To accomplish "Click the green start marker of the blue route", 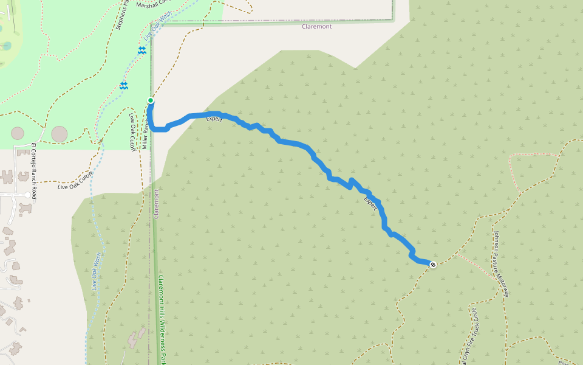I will coord(151,100).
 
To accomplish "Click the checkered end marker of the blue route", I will coord(433,265).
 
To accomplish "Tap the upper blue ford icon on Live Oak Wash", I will coord(142,51).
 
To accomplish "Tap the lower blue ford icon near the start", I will coord(124,86).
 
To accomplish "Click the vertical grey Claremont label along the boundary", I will coord(156,204).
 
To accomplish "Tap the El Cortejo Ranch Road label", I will coord(34,170).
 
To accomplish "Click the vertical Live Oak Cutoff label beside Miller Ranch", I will coord(132,131).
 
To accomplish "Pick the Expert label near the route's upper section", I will coord(214,119).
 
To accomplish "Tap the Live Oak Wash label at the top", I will coord(158,23).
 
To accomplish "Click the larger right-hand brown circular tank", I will coord(59,133).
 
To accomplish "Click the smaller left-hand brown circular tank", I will coord(18,133).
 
